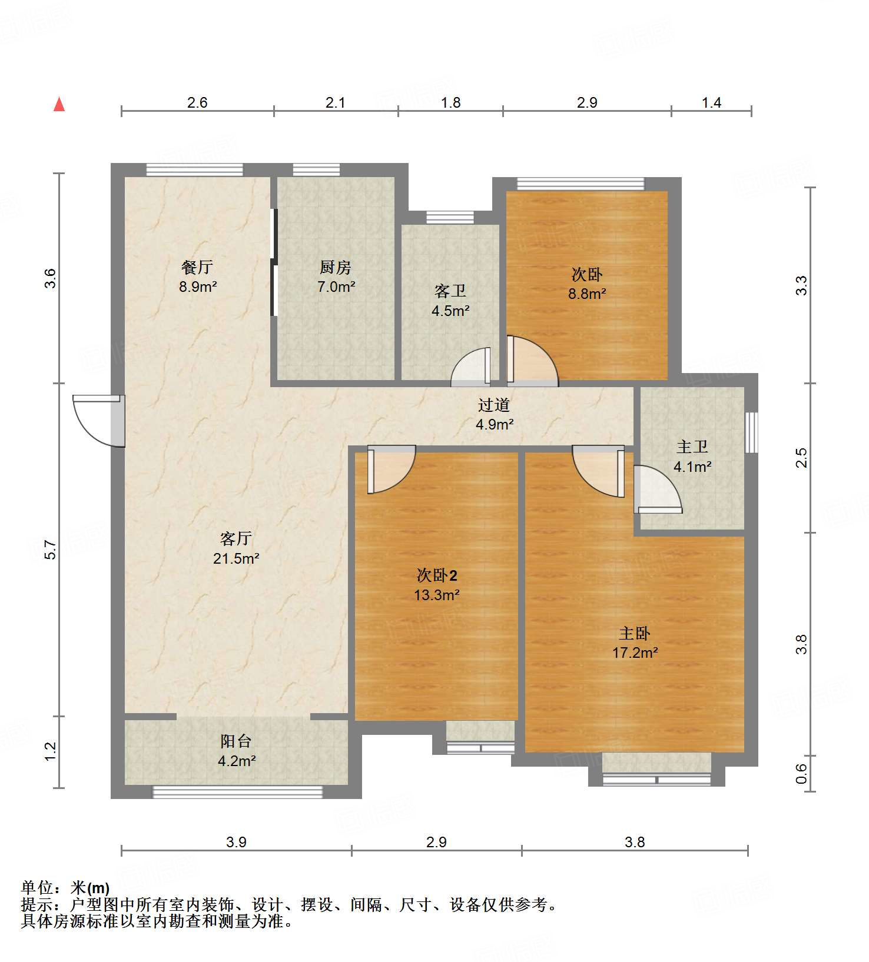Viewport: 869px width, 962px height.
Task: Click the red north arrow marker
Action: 59,104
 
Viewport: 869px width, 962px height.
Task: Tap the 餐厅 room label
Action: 197,267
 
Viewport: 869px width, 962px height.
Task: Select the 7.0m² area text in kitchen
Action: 336,287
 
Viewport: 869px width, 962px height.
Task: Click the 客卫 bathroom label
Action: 450,291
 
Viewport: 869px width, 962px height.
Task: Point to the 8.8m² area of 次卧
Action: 587,294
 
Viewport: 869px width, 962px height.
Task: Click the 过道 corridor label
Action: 493,405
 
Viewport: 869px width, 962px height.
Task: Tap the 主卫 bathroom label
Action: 692,447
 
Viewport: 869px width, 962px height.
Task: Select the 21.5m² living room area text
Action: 236,558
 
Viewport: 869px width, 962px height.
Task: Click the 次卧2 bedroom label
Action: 436,575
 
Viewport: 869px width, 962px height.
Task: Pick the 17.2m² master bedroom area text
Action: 635,653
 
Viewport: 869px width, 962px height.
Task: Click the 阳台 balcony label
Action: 236,741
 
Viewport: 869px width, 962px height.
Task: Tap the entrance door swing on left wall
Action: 97,419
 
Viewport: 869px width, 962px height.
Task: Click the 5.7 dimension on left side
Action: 51,550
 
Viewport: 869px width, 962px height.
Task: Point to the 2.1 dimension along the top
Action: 336,103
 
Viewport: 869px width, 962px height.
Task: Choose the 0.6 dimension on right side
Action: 801,773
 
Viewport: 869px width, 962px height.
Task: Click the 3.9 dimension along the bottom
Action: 236,842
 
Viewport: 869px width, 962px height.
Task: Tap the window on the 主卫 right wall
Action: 751,432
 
